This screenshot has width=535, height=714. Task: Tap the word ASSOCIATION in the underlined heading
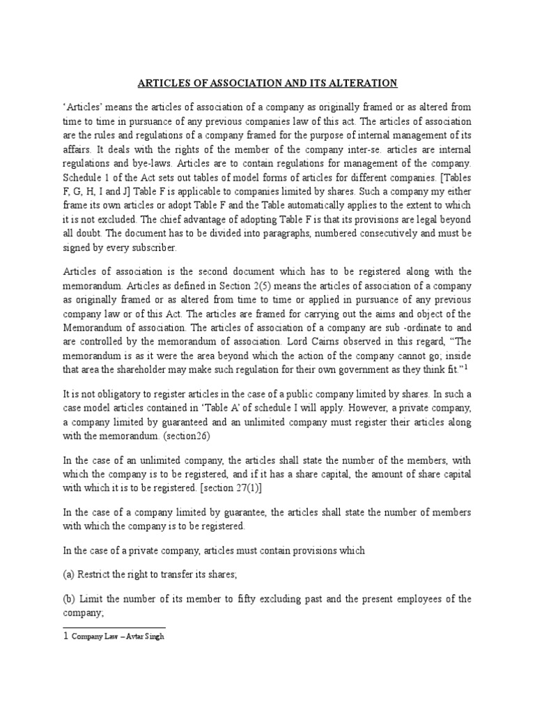click(235, 83)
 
